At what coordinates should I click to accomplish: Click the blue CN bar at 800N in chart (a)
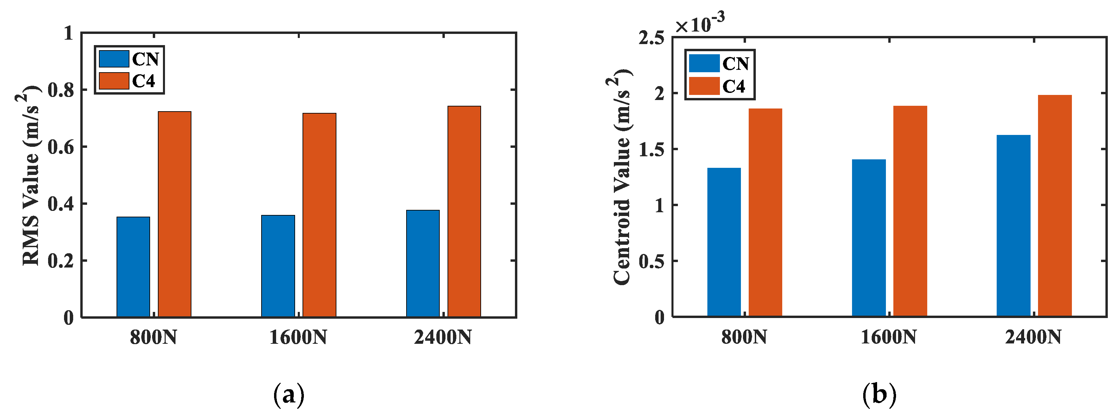point(133,267)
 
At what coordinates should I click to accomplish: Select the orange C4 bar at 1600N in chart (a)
point(319,215)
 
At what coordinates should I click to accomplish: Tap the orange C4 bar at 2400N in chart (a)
point(464,212)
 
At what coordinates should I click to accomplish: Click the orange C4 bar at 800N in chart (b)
point(765,212)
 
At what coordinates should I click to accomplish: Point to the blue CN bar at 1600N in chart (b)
point(869,238)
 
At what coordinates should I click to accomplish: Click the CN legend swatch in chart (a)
point(114,59)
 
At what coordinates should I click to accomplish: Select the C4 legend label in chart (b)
point(733,86)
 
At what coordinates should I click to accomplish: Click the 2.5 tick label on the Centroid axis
point(651,38)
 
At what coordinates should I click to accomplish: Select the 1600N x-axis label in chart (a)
point(298,337)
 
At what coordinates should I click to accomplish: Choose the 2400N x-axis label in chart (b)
point(1033,337)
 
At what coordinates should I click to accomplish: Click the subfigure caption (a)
point(289,395)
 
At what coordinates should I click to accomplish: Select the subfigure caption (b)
point(879,395)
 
